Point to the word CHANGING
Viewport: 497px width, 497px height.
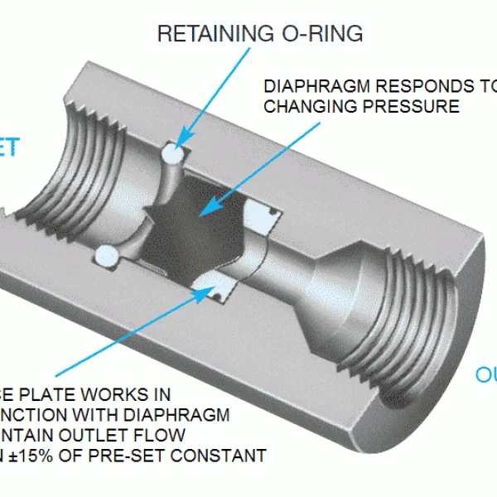[x=306, y=106]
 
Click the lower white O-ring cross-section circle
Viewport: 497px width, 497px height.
[x=105, y=256]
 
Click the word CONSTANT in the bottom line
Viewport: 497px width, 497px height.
[x=228, y=456]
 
